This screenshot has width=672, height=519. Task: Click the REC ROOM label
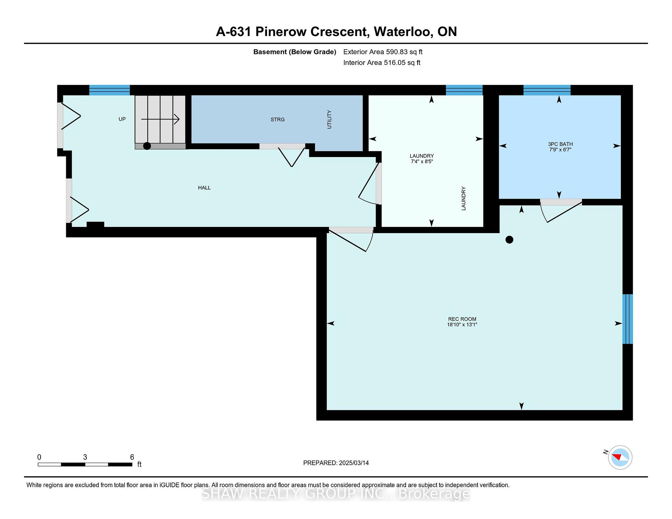coord(462,319)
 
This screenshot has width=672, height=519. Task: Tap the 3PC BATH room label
coord(560,144)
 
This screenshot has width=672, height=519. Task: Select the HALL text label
coord(204,188)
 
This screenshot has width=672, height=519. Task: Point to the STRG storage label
coord(278,120)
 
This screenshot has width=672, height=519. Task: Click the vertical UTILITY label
coord(329,120)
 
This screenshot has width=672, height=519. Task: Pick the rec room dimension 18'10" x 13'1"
coord(462,325)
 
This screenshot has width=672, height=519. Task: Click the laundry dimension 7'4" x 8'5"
coord(422,162)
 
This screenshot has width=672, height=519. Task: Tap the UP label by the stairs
coord(122,119)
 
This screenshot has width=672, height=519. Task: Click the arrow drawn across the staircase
coord(160,119)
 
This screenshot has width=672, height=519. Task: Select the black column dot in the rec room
coord(510,240)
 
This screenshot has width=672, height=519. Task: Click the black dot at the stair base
coord(147,146)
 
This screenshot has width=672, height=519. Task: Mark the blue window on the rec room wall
coord(628,319)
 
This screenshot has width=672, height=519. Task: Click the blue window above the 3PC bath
coord(547,90)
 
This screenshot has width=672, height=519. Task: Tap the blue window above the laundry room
coord(464,90)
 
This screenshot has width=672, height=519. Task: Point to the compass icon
coord(620,457)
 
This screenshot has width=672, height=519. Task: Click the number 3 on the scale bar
coord(85,457)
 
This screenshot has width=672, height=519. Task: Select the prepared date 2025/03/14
coord(354,463)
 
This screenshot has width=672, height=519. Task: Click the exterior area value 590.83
coord(397,52)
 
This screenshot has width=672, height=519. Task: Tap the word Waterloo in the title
coord(402,32)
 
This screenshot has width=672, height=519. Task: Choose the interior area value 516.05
coord(395,63)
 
